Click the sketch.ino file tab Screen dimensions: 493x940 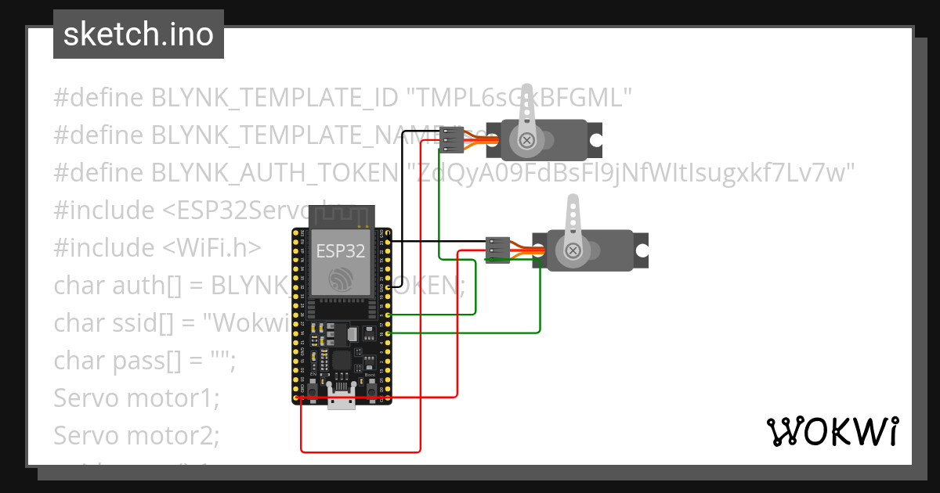(x=139, y=34)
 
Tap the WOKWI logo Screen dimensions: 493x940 (x=831, y=431)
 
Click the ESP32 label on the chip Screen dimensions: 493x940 (x=340, y=251)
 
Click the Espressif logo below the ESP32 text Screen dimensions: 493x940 (x=341, y=279)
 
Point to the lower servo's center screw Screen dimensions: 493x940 (x=573, y=250)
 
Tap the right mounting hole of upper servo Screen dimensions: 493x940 (x=595, y=141)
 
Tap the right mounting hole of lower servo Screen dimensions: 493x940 (x=642, y=250)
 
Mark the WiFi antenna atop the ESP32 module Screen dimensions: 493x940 (x=340, y=215)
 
